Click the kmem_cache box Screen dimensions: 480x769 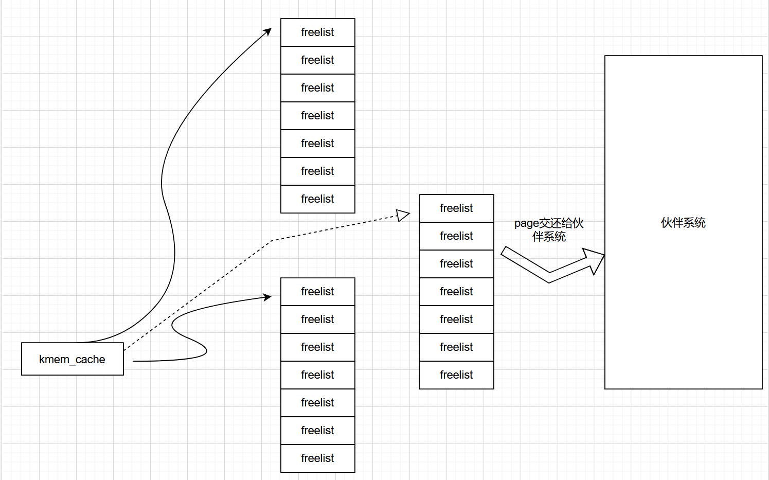tap(73, 359)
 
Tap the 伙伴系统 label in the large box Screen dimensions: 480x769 tap(683, 223)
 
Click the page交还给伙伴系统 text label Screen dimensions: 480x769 tap(549, 230)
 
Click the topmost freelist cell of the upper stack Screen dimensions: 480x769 tap(318, 32)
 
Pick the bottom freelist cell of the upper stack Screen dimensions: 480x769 tap(318, 199)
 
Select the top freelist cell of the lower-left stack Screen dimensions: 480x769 tap(318, 292)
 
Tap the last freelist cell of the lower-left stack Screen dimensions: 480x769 tap(318, 458)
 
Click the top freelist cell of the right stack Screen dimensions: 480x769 tap(457, 208)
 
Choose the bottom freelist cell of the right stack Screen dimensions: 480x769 tap(457, 375)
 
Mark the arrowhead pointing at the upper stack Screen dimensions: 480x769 tap(267, 32)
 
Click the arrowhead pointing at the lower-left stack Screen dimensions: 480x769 tap(267, 297)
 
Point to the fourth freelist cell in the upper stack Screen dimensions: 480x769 tap(318, 116)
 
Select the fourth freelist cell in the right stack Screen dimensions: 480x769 tap(457, 292)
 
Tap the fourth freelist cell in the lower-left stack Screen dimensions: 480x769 tap(318, 375)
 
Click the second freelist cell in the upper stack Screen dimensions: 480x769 tap(318, 60)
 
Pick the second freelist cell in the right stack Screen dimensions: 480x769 tap(457, 236)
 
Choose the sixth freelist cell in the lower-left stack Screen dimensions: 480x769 tap(318, 431)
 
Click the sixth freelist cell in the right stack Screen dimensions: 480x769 tap(457, 347)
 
